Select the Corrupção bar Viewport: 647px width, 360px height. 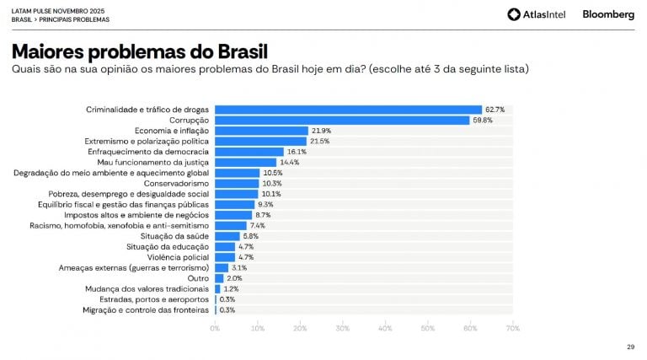click(342, 120)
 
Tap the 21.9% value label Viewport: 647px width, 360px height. click(321, 131)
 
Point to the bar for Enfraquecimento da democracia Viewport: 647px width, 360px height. click(249, 152)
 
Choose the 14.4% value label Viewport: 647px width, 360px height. click(289, 162)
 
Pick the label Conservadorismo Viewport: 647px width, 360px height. click(177, 183)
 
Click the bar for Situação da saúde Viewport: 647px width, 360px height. click(227, 236)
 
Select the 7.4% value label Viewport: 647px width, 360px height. click(258, 225)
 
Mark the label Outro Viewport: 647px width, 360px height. click(199, 278)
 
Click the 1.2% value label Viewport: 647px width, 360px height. click(230, 288)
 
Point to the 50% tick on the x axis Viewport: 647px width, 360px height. click(428, 327)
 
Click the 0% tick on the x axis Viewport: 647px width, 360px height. click(215, 327)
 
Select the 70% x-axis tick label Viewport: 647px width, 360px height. click(513, 327)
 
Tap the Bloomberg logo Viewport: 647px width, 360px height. click(608, 14)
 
